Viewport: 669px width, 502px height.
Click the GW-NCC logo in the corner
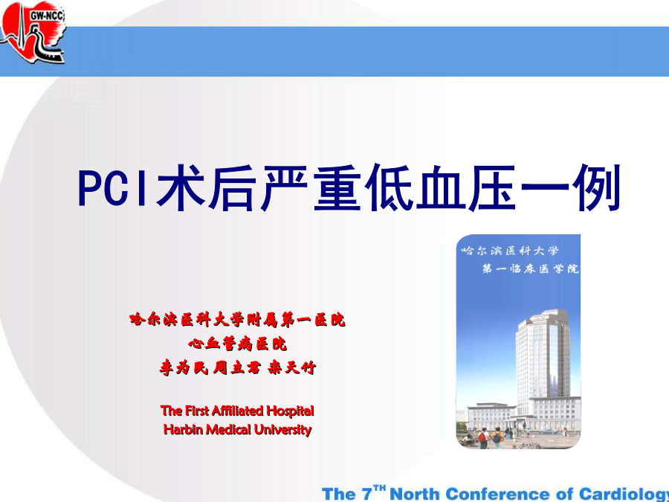tap(33, 32)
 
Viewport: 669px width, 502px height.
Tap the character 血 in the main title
tap(441, 187)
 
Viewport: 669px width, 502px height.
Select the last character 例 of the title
tap(596, 187)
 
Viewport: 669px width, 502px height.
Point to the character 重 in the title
tap(337, 187)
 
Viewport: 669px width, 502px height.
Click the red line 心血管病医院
tap(237, 344)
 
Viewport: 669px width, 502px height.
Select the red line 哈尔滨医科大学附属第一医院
tap(237, 320)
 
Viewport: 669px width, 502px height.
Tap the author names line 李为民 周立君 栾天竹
tap(238, 367)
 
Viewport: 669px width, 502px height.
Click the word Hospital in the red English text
tap(290, 411)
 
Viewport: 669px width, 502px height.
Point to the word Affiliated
tap(238, 411)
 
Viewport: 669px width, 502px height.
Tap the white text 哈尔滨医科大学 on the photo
tap(510, 251)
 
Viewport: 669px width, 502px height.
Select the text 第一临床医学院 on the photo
tap(530, 268)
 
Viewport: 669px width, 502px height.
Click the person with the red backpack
tap(483, 438)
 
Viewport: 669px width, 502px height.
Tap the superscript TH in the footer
tap(379, 487)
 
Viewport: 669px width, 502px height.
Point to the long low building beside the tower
tap(491, 416)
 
